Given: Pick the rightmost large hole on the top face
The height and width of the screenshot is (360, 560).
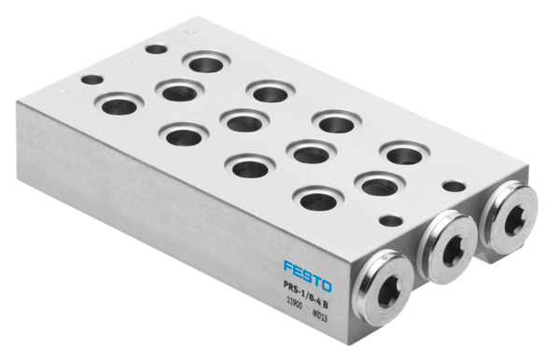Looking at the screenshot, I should (x=404, y=153).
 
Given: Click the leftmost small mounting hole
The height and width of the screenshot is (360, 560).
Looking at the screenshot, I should (x=91, y=80).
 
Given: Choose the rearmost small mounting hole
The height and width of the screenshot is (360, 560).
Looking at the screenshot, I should (x=158, y=48).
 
